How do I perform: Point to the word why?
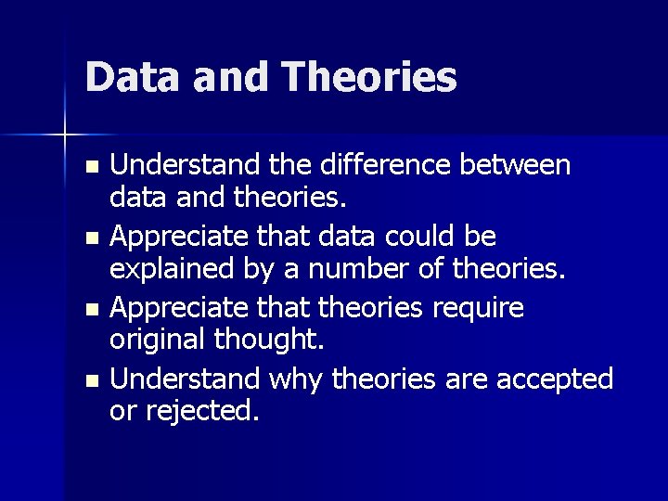(295, 379)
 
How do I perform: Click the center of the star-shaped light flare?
(65, 135)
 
